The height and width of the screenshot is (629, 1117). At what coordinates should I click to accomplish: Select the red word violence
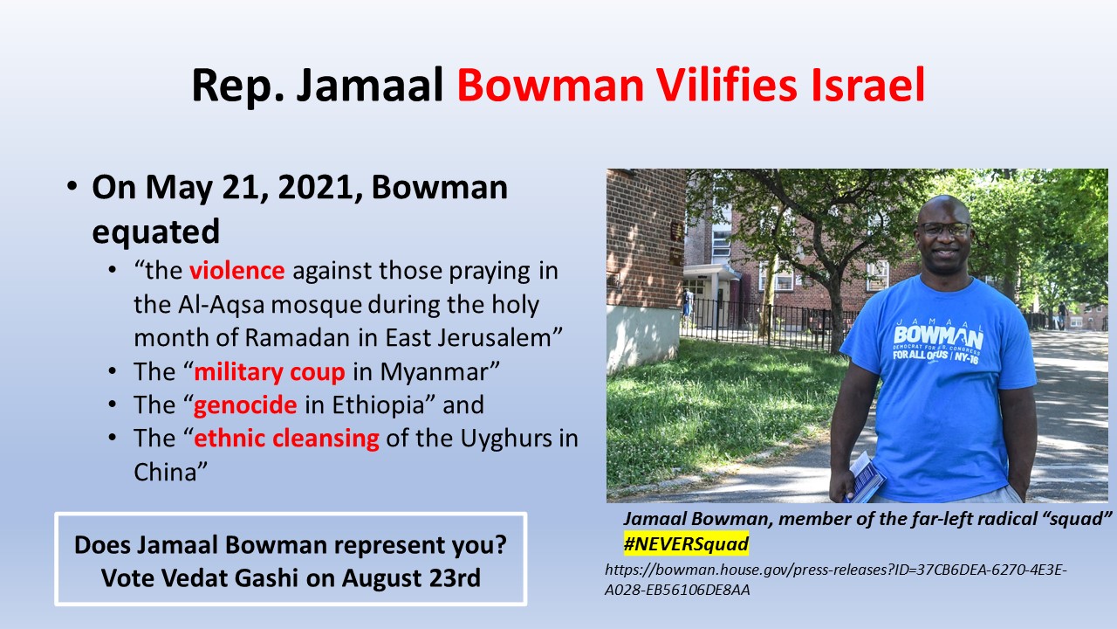tap(236, 271)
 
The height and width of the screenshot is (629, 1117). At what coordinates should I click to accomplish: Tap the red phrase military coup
tap(270, 372)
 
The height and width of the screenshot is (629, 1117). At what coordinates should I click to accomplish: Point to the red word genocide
tap(245, 404)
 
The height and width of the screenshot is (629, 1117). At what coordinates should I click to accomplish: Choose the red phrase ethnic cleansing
tap(287, 439)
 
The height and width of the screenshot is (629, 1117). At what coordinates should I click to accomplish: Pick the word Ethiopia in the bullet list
tap(378, 404)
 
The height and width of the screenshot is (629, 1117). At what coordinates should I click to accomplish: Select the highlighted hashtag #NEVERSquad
tap(686, 543)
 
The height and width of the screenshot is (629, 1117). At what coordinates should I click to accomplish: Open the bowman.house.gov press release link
tap(836, 579)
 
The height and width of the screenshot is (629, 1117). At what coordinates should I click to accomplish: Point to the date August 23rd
tap(411, 578)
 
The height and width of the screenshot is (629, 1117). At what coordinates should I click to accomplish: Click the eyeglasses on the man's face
tap(944, 229)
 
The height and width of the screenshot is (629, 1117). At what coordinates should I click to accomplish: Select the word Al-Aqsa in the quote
tap(221, 305)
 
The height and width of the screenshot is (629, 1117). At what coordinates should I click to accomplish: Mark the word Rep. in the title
tap(238, 86)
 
